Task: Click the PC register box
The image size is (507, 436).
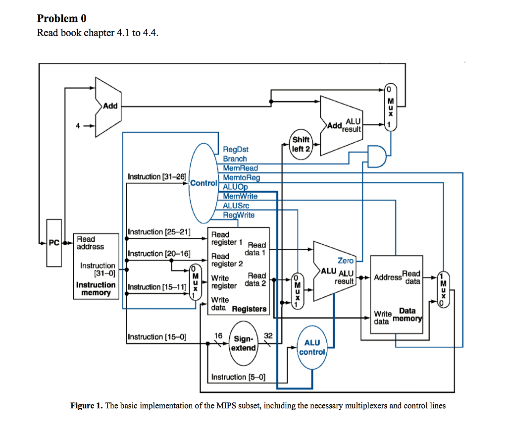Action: click(x=53, y=243)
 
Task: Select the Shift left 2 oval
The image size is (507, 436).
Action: click(x=301, y=144)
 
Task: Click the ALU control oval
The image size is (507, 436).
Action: click(x=312, y=347)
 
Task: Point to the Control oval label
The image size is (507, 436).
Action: click(x=203, y=183)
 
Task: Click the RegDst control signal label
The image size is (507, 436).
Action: click(x=236, y=149)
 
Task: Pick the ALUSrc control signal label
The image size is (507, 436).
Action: click(x=236, y=206)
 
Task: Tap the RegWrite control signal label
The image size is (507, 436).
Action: click(x=239, y=215)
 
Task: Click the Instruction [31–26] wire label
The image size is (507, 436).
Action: click(x=156, y=176)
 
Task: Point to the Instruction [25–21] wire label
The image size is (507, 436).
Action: click(x=159, y=232)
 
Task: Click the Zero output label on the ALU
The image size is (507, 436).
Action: click(x=346, y=260)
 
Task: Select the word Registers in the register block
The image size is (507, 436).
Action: click(x=249, y=309)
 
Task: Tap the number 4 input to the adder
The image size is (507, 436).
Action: click(x=77, y=126)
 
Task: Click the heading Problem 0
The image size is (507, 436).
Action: click(x=62, y=18)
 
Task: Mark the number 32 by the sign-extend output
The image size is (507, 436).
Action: click(x=268, y=335)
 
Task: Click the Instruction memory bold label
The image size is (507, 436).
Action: click(x=96, y=289)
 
